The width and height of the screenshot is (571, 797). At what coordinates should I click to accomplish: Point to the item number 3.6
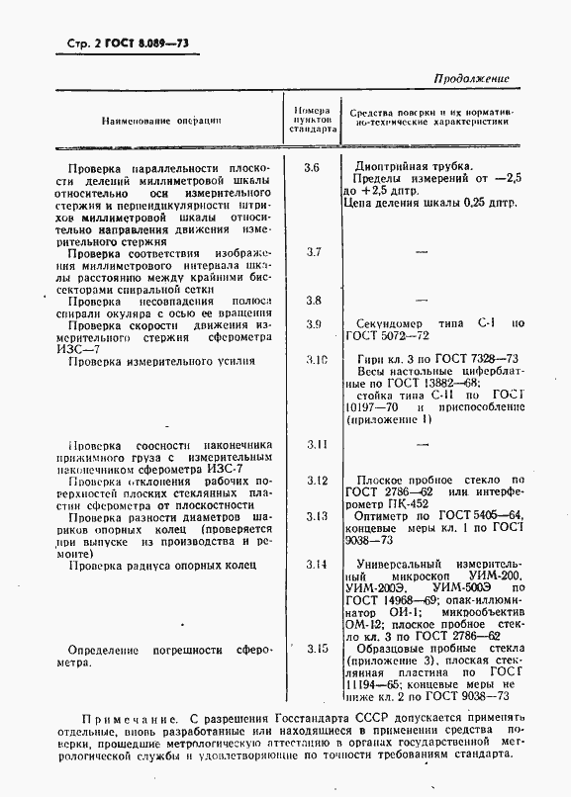point(312,167)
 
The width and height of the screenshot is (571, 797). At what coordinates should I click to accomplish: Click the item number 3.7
point(314,252)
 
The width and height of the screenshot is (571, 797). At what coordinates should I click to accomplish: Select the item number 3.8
point(314,300)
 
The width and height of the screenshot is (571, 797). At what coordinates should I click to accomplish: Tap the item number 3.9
point(314,324)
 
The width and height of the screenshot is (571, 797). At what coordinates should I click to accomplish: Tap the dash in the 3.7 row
point(422,252)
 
